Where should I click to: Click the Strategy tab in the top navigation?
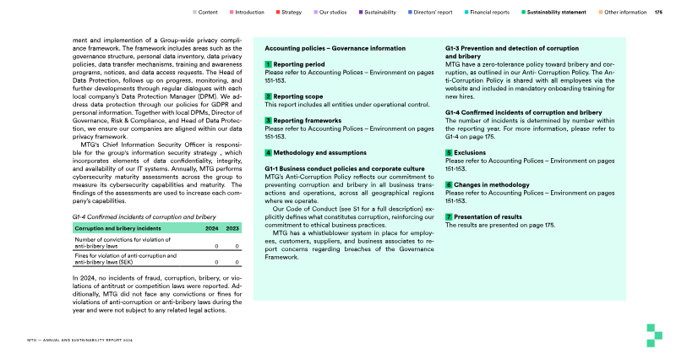[292, 13]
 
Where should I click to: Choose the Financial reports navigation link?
[489, 13]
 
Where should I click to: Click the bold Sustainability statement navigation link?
[560, 13]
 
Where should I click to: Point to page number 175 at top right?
[659, 13]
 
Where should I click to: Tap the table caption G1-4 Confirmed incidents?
[133, 217]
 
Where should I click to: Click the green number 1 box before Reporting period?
[268, 64]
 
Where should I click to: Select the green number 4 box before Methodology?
[268, 153]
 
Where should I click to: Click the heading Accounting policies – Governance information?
[335, 48]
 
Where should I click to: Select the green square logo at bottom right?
[651, 335]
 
